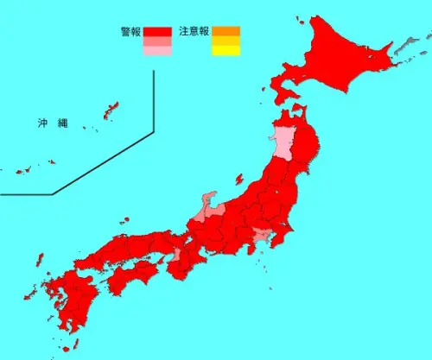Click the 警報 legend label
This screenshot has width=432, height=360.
click(x=132, y=32)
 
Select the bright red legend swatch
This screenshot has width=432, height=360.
click(x=158, y=32)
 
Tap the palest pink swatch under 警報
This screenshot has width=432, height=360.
click(x=158, y=51)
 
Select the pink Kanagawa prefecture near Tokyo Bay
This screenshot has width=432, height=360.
click(x=260, y=236)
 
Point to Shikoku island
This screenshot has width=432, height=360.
click(x=130, y=275)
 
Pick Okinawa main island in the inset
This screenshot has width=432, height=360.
click(x=109, y=111)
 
